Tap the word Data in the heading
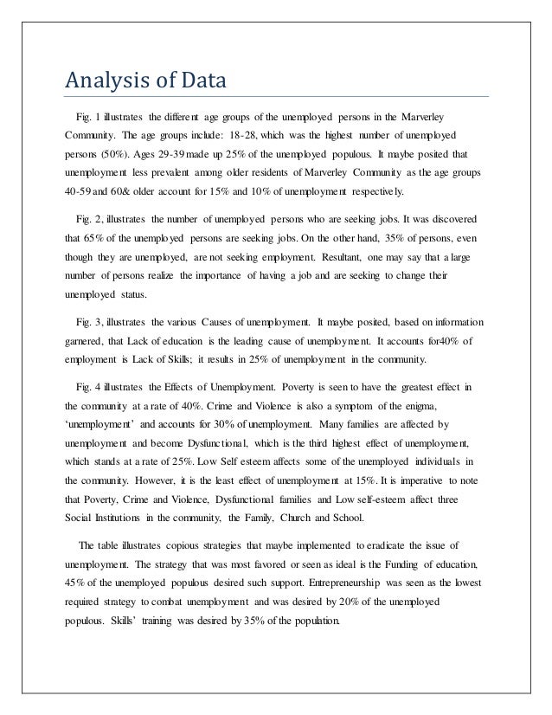pos(202,82)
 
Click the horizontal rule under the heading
pos(277,96)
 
